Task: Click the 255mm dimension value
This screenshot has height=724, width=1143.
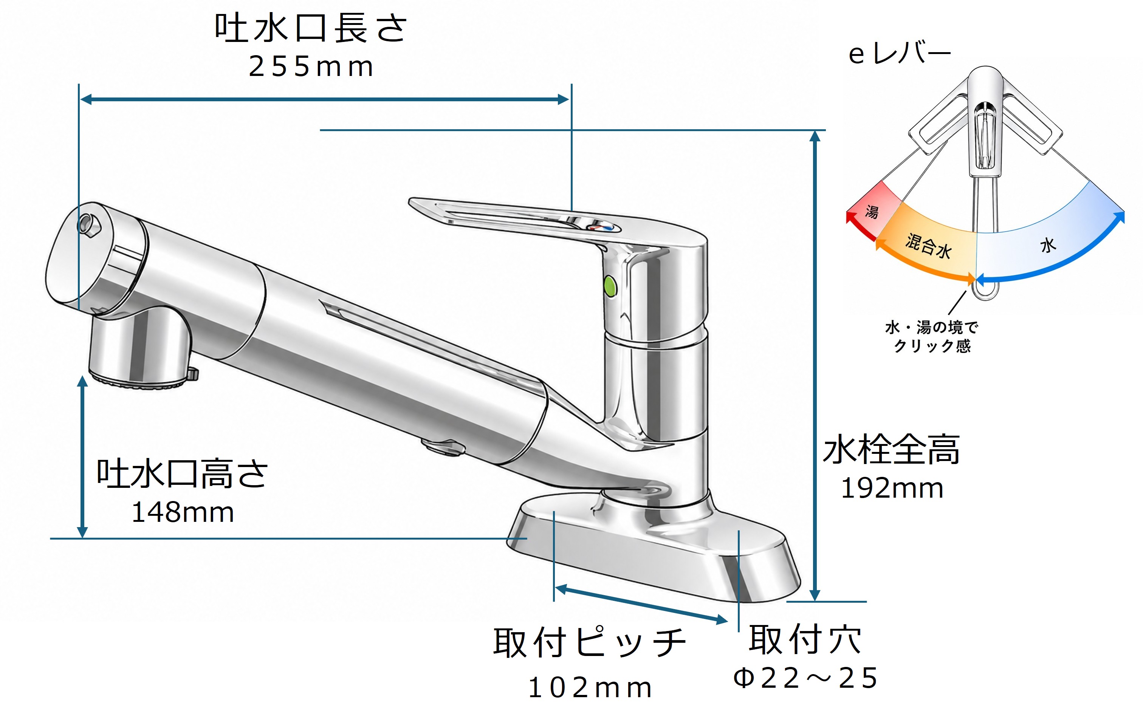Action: tap(311, 67)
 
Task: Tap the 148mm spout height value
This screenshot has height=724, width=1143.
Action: tap(183, 513)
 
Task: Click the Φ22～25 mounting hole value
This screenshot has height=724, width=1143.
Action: tap(805, 678)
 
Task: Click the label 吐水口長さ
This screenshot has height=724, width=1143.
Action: tap(311, 28)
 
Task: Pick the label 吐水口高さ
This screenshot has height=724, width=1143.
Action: tap(182, 473)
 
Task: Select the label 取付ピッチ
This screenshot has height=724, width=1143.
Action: tap(590, 642)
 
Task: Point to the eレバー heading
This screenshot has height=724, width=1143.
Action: tap(900, 53)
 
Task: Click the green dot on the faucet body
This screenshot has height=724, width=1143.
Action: tap(610, 286)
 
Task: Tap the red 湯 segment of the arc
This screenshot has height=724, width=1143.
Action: tap(874, 211)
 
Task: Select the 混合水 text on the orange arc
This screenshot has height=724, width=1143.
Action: tap(928, 246)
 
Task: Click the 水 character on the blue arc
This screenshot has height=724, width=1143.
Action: tap(1048, 245)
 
